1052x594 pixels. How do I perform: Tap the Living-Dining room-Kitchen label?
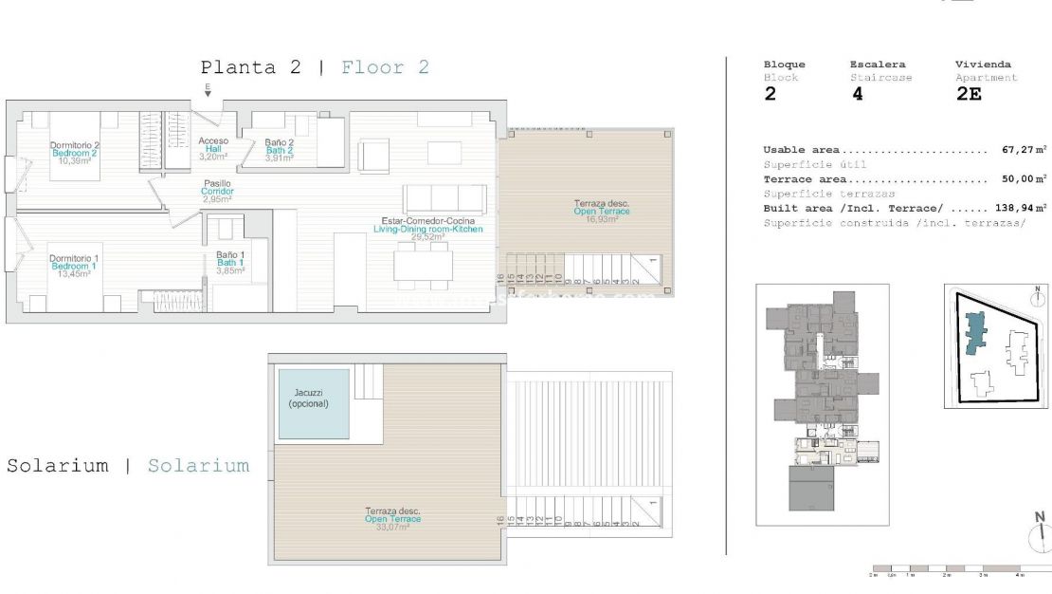click(x=427, y=229)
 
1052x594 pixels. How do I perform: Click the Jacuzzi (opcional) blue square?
click(x=314, y=403)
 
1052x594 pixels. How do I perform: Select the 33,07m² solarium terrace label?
click(x=392, y=519)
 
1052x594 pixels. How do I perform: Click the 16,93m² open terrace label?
click(x=601, y=211)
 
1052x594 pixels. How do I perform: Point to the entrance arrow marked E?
click(x=208, y=90)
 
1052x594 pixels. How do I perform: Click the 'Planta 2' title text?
click(x=250, y=67)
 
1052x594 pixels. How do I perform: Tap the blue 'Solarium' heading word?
click(x=198, y=466)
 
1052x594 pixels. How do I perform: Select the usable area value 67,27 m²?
click(x=1024, y=150)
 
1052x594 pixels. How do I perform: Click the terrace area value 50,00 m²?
click(x=1024, y=178)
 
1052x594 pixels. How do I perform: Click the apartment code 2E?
click(x=969, y=94)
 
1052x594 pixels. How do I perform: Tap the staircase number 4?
click(x=857, y=94)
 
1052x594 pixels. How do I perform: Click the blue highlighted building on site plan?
click(x=974, y=338)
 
